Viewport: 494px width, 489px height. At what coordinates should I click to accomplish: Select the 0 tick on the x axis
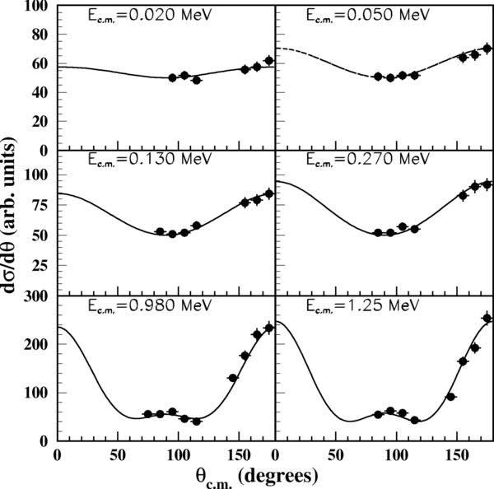(x=57, y=454)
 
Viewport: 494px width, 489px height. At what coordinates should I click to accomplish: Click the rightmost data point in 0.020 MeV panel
(x=268, y=60)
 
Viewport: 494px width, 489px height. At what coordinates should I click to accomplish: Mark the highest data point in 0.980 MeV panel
(x=268, y=328)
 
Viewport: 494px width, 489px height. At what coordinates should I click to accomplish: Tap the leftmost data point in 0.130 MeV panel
(x=160, y=232)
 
